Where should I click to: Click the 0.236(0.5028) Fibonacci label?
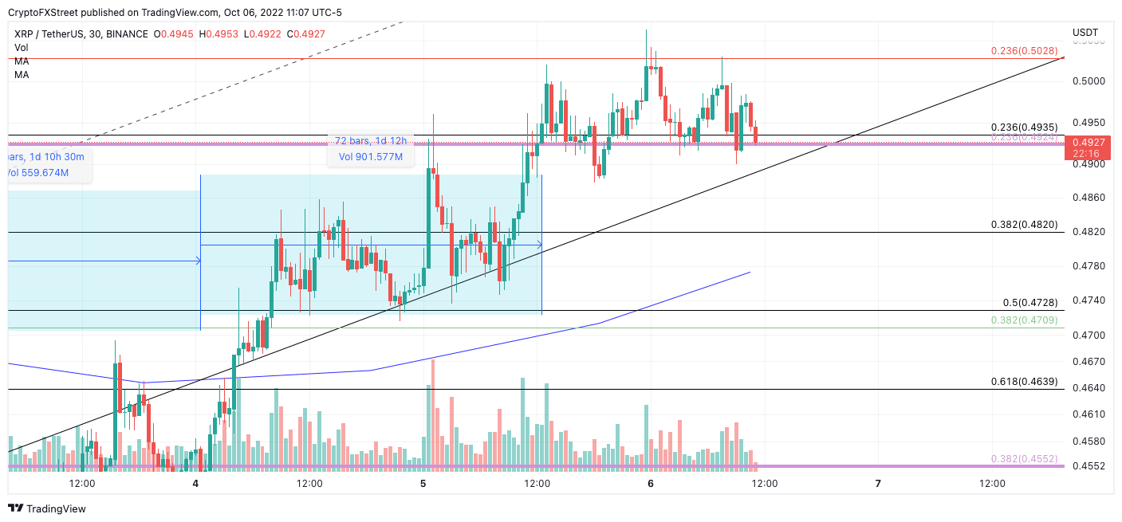(1024, 51)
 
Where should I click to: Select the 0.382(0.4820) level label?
(1024, 225)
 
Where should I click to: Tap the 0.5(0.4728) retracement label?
(1029, 303)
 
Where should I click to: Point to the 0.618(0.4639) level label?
(1024, 382)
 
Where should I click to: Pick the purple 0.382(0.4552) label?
(1024, 459)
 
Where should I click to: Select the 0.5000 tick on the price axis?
(1089, 81)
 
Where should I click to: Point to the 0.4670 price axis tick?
(1089, 362)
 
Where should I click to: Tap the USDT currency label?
(1085, 33)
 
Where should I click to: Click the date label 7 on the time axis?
(878, 483)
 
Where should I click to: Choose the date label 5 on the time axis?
(423, 483)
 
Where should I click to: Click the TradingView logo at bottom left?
(46, 508)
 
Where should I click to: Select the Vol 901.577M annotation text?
(371, 157)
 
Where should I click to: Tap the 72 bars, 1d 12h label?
(371, 141)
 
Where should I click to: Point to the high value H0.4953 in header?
(215, 34)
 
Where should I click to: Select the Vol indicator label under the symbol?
(21, 48)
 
